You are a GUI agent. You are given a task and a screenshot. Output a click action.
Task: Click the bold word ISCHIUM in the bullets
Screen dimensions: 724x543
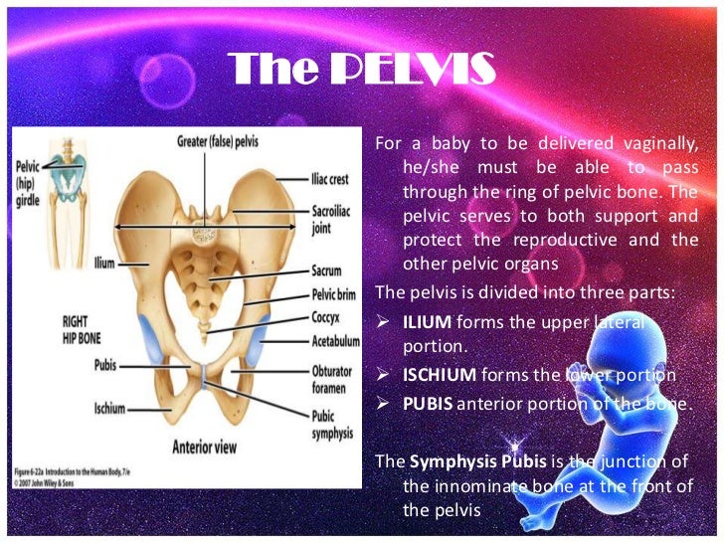tap(440, 375)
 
